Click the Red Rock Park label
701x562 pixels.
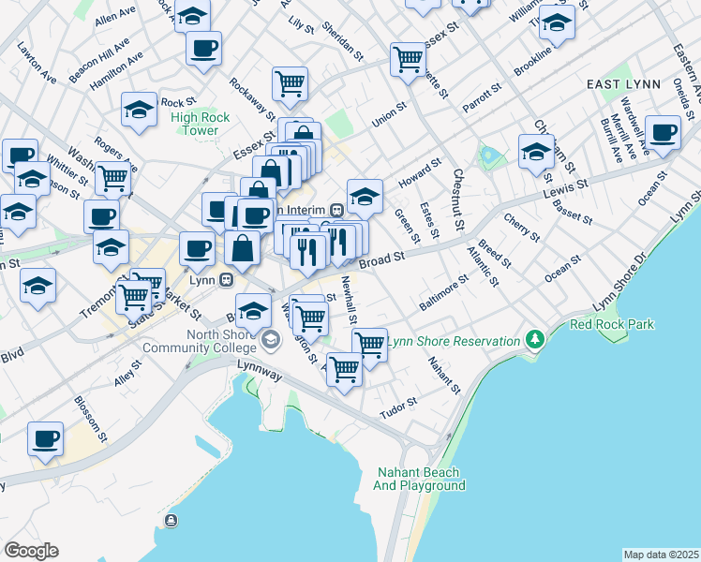point(613,325)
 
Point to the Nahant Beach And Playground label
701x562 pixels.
point(420,479)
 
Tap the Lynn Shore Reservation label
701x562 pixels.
point(454,342)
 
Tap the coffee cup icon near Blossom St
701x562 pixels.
point(45,438)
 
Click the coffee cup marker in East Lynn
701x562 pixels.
point(664,133)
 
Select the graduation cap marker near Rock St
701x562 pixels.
point(140,109)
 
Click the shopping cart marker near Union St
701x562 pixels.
point(409,58)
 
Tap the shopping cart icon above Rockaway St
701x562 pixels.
point(291,82)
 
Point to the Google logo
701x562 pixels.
point(31,551)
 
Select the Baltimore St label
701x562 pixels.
point(443,293)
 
